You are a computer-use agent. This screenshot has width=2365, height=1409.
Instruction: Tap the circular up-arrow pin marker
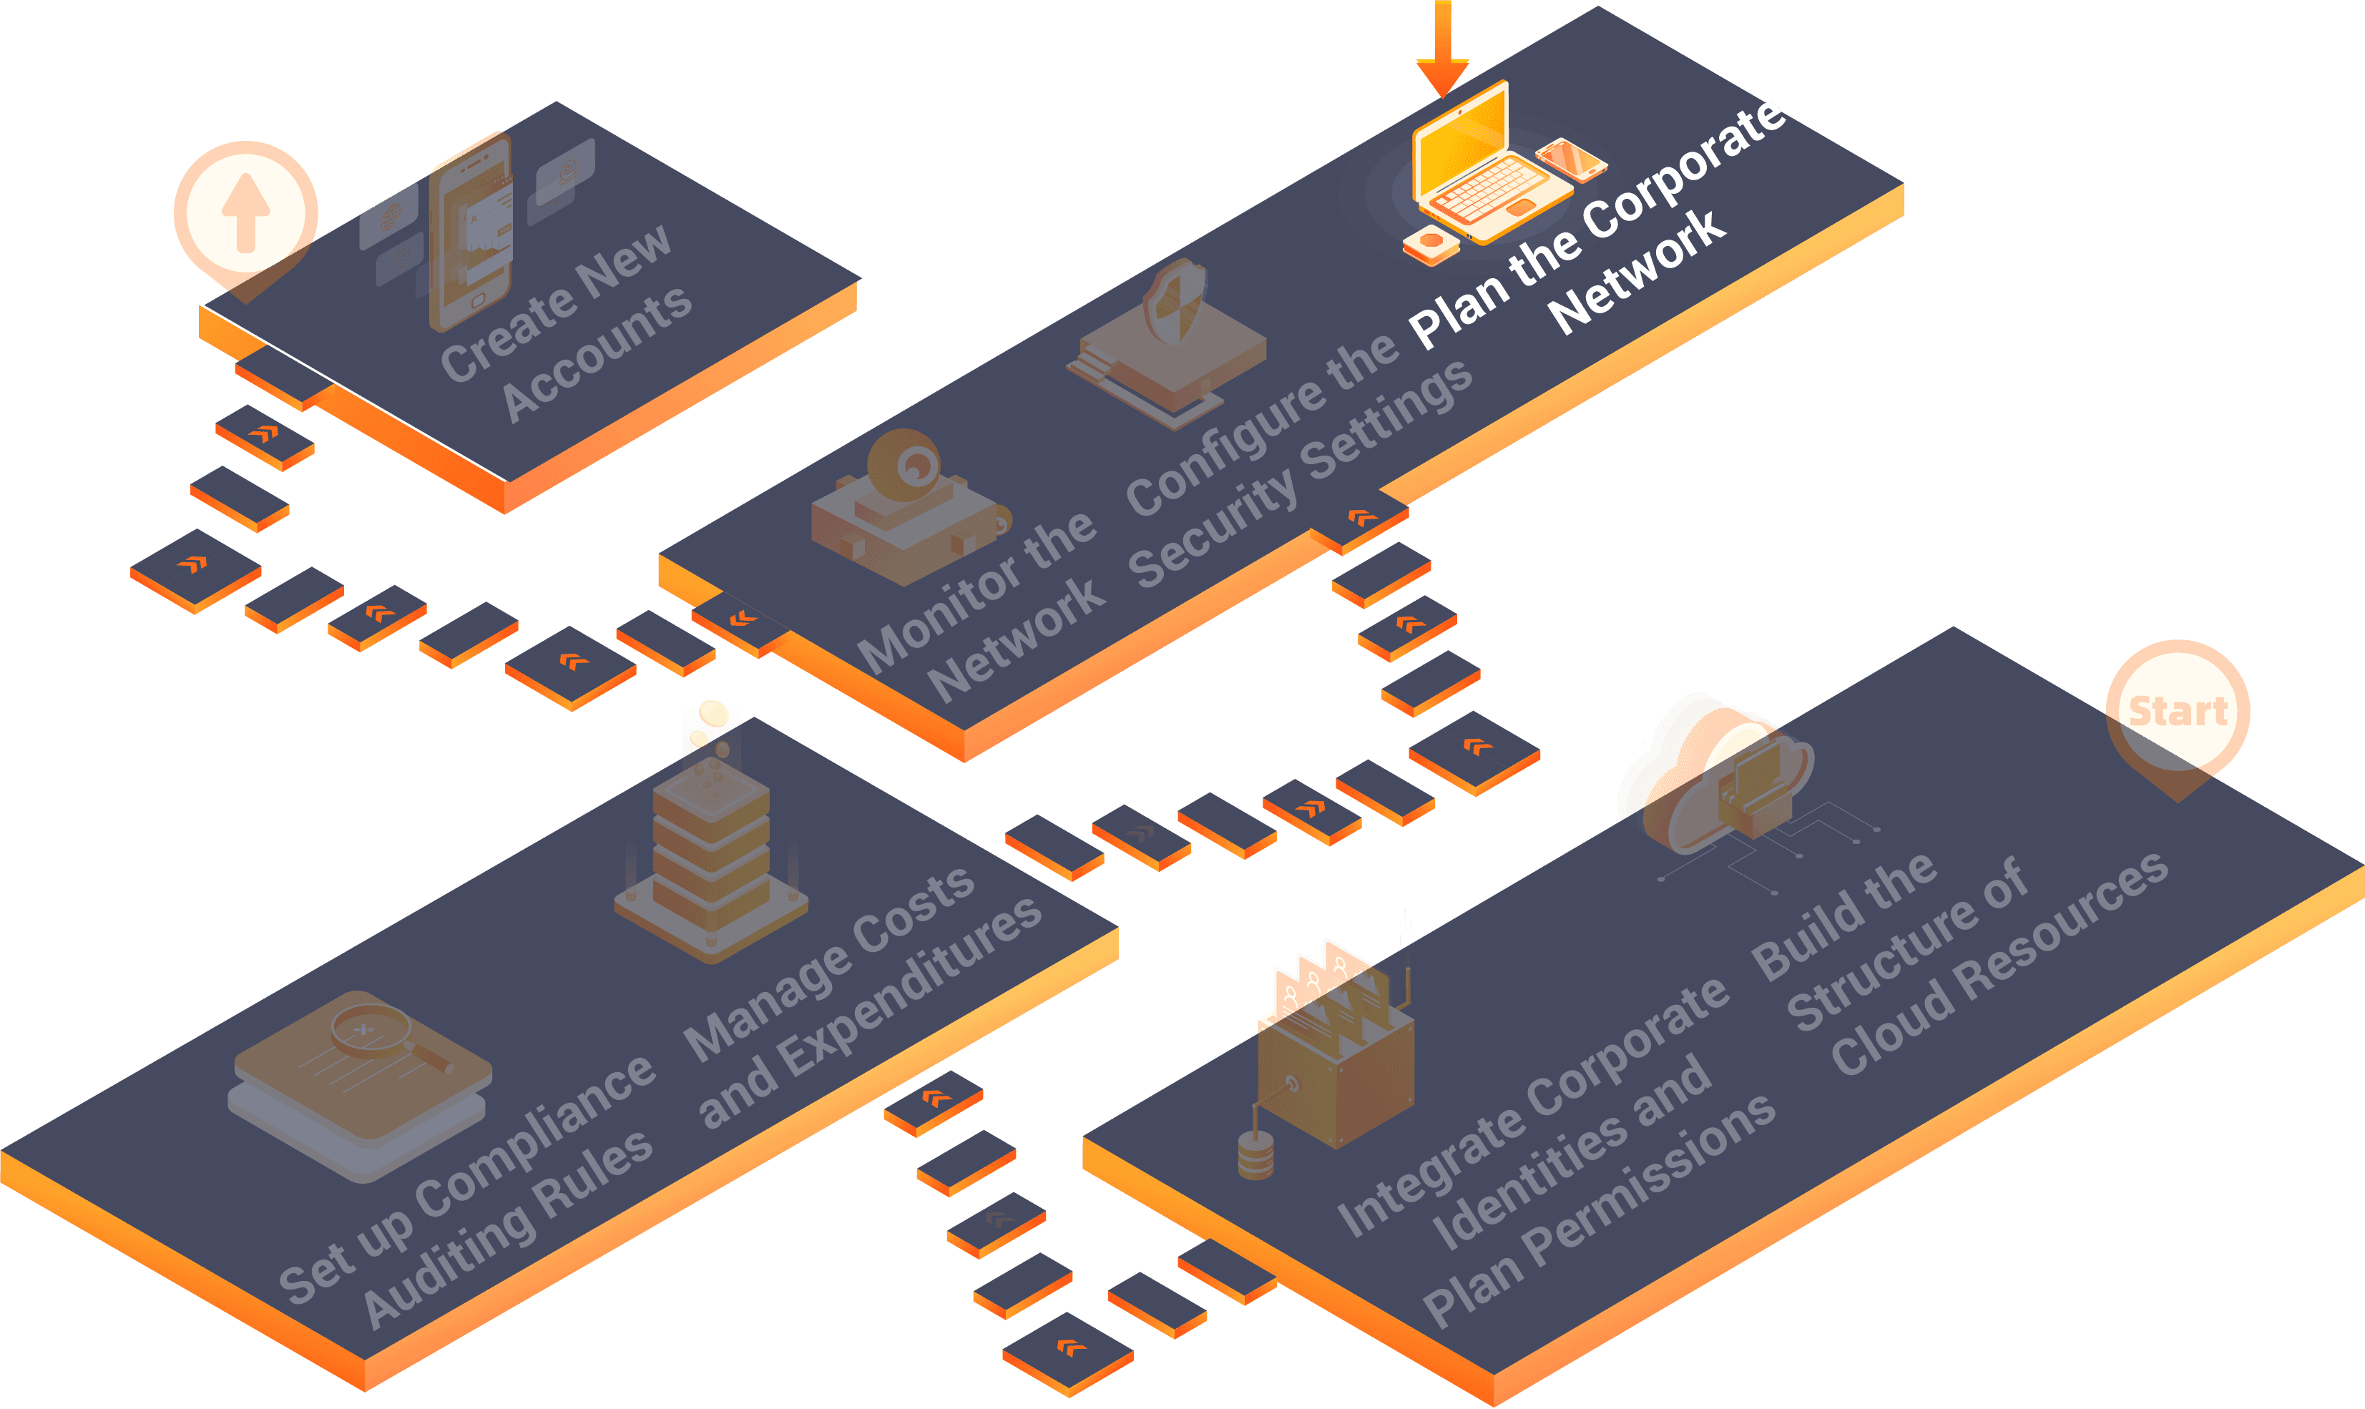246,212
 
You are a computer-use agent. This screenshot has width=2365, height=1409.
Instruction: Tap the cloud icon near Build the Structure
1714,774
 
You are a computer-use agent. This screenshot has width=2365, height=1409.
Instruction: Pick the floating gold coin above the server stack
713,712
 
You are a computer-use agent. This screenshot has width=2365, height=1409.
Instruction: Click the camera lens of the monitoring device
914,464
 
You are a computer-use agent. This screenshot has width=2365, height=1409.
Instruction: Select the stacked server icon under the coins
711,855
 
